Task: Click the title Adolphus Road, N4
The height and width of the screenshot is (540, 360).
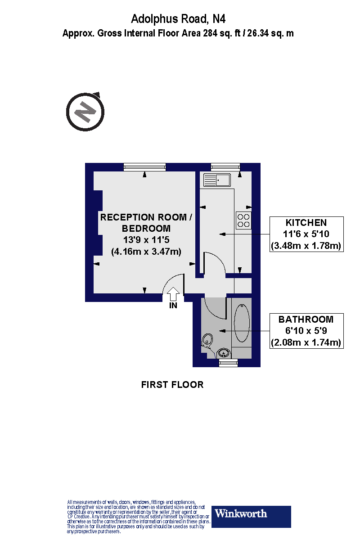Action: click(x=178, y=19)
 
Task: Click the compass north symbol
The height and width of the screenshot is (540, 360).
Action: click(x=85, y=112)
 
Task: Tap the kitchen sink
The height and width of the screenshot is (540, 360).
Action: click(x=217, y=180)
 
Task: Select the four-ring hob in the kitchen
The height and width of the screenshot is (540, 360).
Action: click(x=244, y=220)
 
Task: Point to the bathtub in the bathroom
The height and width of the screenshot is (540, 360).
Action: click(x=242, y=324)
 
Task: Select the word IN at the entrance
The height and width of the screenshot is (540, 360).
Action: click(x=173, y=306)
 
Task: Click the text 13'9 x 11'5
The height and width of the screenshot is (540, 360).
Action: click(x=146, y=240)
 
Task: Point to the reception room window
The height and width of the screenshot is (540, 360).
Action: click(x=145, y=167)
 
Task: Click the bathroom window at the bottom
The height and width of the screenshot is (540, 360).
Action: click(x=228, y=363)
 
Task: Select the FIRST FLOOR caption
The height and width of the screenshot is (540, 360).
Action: click(x=172, y=385)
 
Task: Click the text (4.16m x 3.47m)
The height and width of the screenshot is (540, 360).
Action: click(x=146, y=252)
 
